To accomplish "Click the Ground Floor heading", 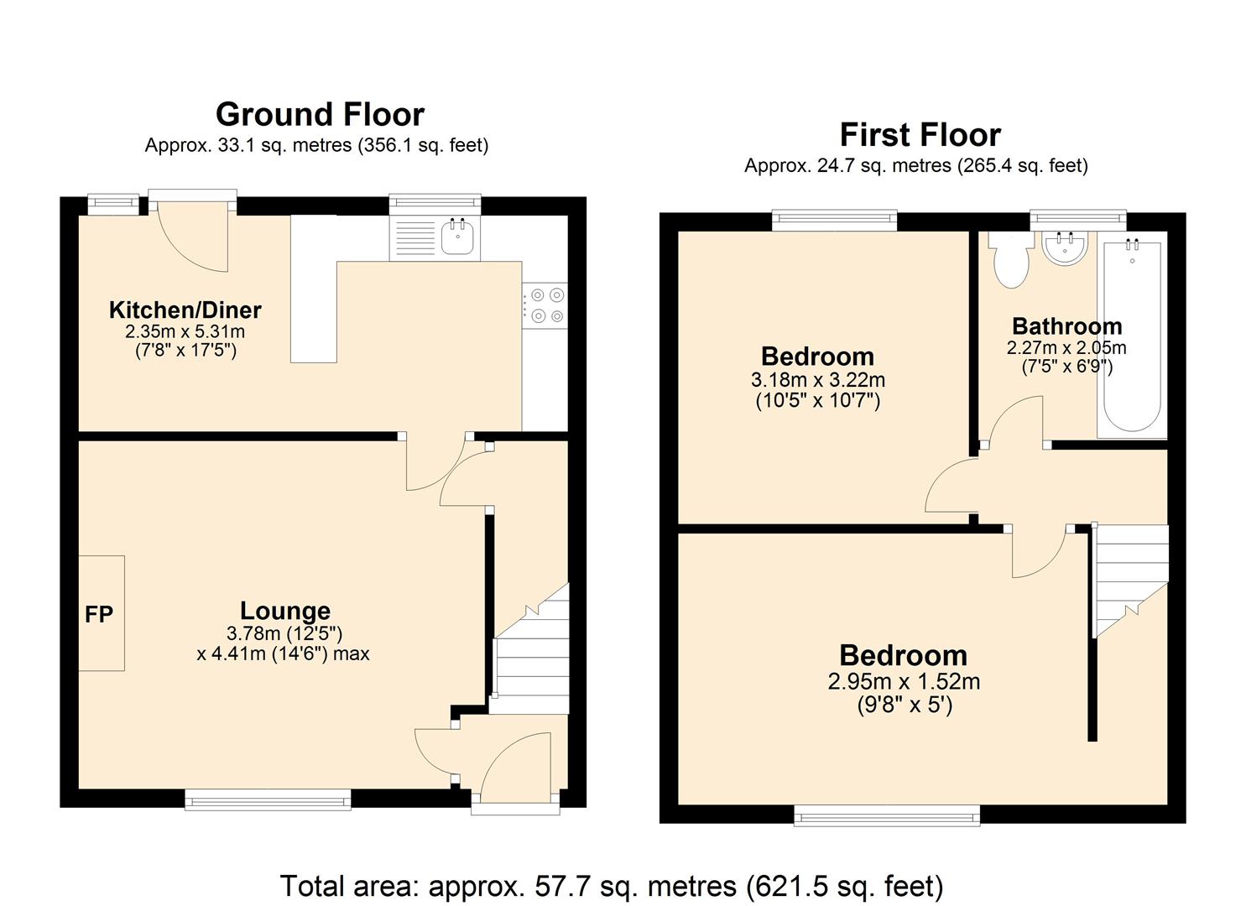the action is (320, 115).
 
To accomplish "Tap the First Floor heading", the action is (920, 135).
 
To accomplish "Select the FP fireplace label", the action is (99, 614).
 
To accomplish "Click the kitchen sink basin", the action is (457, 238).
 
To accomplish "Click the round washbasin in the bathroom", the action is (1065, 248).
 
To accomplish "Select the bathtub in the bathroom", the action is (1132, 335).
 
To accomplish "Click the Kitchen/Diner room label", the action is (185, 310).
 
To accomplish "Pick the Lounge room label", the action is (285, 611).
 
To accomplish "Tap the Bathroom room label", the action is (1067, 326).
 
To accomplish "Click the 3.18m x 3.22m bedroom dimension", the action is (818, 380).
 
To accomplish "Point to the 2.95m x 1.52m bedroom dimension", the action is (904, 681).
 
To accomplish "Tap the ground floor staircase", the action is (532, 648).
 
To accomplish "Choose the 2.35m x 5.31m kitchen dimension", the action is (185, 331).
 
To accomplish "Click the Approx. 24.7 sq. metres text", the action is (916, 166).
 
